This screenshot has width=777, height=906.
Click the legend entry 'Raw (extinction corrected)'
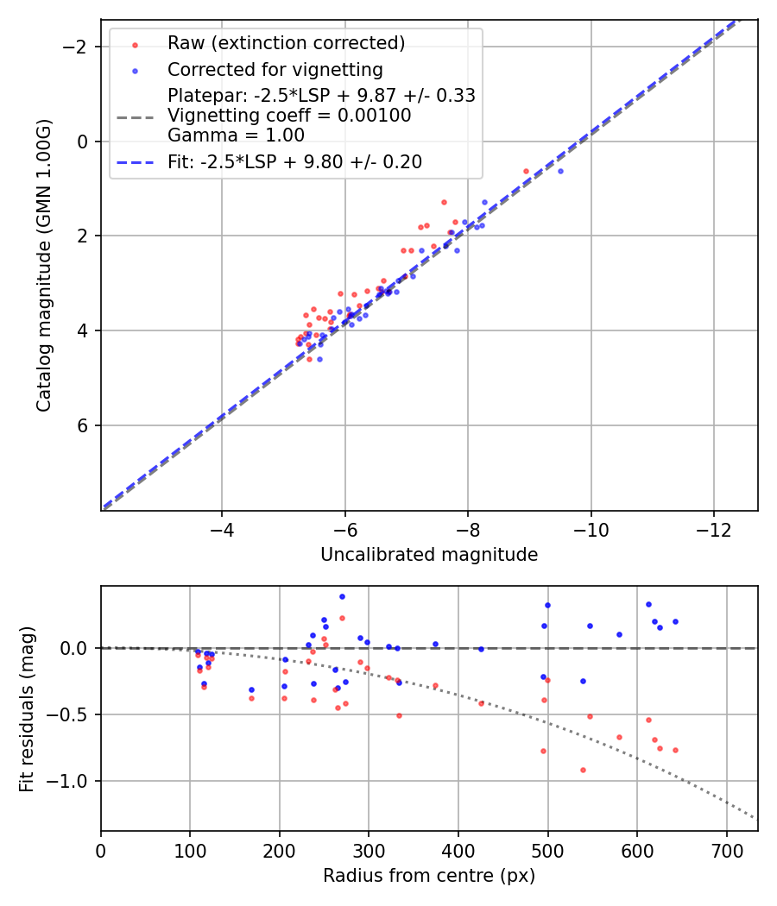[x=286, y=42]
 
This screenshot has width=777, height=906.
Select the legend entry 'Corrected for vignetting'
[x=275, y=69]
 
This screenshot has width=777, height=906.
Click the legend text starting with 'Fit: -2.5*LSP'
[x=294, y=161]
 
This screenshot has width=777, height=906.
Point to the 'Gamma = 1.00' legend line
[x=236, y=135]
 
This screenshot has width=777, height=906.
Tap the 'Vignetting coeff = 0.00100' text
[x=289, y=115]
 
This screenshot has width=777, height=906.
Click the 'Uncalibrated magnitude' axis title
[x=429, y=555]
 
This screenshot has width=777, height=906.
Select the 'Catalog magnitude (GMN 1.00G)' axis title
[x=44, y=265]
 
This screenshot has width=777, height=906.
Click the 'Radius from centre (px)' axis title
[x=429, y=876]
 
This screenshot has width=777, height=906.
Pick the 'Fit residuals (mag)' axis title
[x=27, y=708]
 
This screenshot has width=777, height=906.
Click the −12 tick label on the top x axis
[x=713, y=529]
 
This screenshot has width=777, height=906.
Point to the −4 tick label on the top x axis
[x=222, y=529]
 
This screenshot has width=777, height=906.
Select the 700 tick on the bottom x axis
[x=726, y=849]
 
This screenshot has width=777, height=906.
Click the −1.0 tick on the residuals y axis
[x=75, y=781]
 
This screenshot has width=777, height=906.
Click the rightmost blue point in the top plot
[x=560, y=171]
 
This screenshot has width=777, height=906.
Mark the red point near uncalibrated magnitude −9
[x=526, y=171]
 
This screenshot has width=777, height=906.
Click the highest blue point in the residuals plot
[x=342, y=596]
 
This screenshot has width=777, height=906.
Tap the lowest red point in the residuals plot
[x=583, y=770]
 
